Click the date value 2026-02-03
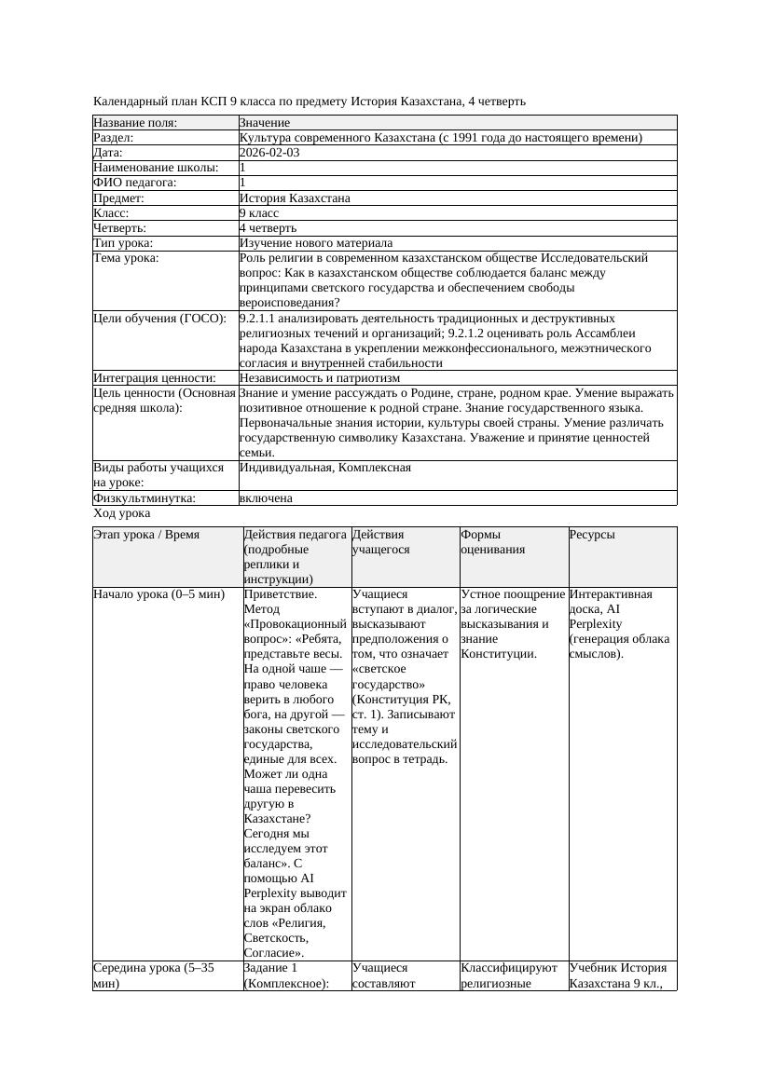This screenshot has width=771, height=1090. tap(269, 153)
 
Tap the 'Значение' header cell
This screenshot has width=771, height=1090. tap(265, 123)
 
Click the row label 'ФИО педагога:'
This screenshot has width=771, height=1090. tap(135, 183)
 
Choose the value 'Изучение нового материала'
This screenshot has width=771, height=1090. tap(316, 242)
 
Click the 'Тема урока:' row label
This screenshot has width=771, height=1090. tap(126, 258)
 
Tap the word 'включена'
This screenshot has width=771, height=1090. tap(266, 498)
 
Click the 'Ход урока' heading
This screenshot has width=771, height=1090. tap(122, 513)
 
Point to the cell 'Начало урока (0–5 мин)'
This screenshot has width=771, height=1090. tap(159, 594)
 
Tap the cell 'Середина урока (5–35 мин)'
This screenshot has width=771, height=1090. tap(154, 975)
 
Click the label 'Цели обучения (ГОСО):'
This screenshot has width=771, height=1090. tap(160, 319)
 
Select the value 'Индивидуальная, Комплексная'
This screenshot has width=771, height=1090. tap(325, 468)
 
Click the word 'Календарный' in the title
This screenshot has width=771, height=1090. tap(130, 101)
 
